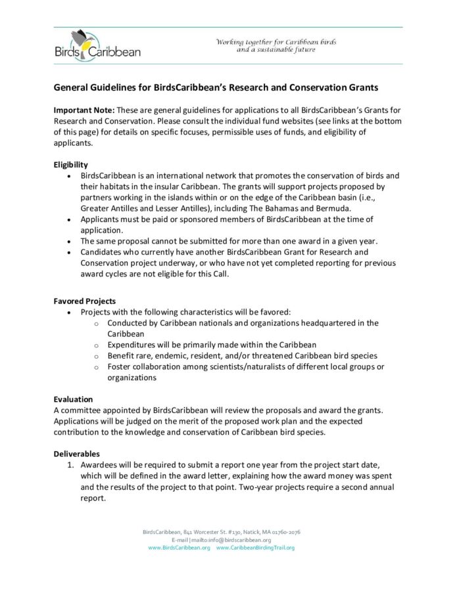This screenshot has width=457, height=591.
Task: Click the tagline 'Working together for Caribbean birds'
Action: pos(276,42)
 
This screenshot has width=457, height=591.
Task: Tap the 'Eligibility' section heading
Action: pos(70,164)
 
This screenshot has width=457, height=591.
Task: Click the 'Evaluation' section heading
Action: pos(72,399)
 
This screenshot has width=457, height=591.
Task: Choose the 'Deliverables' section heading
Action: pos(76,453)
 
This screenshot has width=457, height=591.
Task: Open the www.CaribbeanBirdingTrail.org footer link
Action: pos(255,547)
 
